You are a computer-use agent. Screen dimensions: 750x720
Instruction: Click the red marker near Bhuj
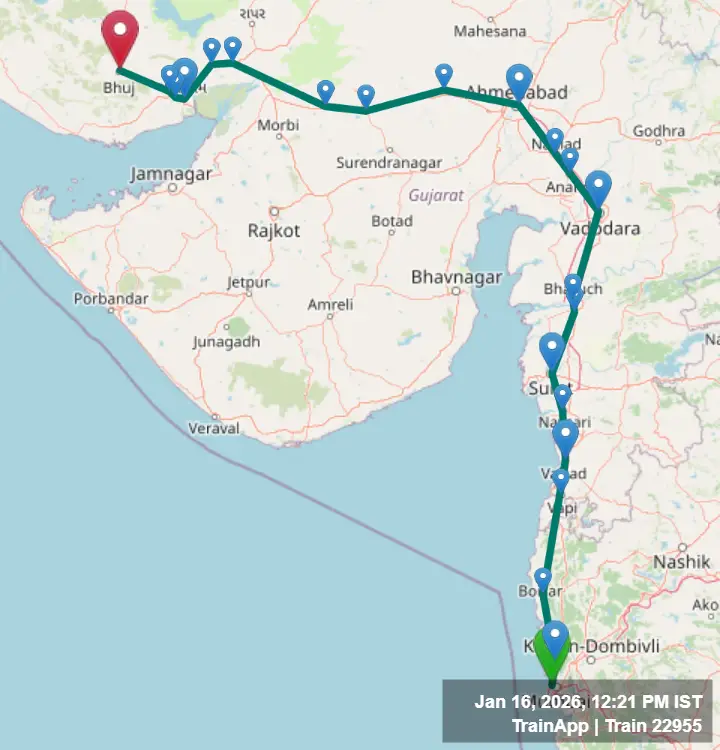[120, 36]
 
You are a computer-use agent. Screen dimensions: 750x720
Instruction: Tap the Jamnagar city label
[170, 174]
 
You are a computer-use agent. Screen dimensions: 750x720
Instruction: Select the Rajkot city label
[273, 231]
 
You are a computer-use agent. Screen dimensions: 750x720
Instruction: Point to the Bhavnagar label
[457, 276]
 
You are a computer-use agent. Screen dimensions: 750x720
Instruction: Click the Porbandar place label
[109, 299]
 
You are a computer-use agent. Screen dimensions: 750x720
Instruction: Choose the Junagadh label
[226, 341]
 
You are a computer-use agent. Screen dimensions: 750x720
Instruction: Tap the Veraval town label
[214, 428]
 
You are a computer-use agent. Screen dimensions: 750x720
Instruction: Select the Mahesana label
[490, 31]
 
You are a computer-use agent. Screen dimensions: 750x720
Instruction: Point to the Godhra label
[659, 131]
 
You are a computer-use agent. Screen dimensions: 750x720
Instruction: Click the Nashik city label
[681, 562]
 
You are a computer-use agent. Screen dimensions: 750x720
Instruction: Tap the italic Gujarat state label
[436, 195]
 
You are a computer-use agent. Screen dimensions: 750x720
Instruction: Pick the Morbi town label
[278, 125]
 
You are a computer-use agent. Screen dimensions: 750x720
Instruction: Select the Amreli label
[330, 304]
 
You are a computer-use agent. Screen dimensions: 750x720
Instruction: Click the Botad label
[391, 221]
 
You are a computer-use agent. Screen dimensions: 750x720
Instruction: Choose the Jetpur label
[248, 282]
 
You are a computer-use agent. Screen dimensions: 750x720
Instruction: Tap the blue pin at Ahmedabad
[518, 79]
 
